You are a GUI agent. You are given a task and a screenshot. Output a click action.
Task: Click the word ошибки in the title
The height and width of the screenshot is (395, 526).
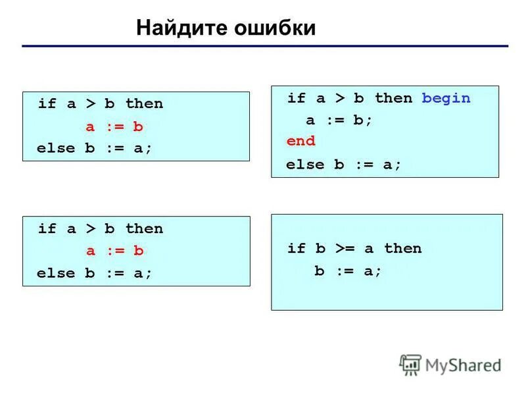click(x=275, y=28)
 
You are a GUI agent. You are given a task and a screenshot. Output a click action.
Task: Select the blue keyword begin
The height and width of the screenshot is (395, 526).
click(x=446, y=98)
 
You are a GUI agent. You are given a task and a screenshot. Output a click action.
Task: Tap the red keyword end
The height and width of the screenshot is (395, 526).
click(x=300, y=141)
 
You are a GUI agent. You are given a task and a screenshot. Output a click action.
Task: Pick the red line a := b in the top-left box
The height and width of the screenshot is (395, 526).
click(x=114, y=126)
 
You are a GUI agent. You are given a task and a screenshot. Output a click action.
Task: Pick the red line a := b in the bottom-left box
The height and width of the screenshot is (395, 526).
click(x=114, y=251)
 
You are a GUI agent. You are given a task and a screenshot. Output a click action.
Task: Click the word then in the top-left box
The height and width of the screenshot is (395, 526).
click(x=144, y=103)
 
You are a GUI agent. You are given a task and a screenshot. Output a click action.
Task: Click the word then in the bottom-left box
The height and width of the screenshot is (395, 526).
click(x=144, y=228)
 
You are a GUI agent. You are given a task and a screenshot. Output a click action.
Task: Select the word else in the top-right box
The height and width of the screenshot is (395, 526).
click(x=305, y=165)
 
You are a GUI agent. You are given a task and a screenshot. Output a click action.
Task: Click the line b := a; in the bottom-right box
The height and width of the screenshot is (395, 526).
click(x=348, y=271)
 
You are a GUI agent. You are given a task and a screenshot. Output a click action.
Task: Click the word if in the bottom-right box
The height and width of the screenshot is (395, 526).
click(x=297, y=248)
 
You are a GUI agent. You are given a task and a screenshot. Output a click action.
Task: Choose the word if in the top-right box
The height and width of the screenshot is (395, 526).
click(x=297, y=98)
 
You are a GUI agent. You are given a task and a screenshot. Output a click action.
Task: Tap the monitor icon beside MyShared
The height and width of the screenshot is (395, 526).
click(x=410, y=364)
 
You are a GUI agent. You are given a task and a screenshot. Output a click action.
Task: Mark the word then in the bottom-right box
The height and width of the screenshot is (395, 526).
click(x=403, y=248)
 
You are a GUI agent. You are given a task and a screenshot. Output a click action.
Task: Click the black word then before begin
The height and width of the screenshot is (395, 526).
click(x=394, y=98)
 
